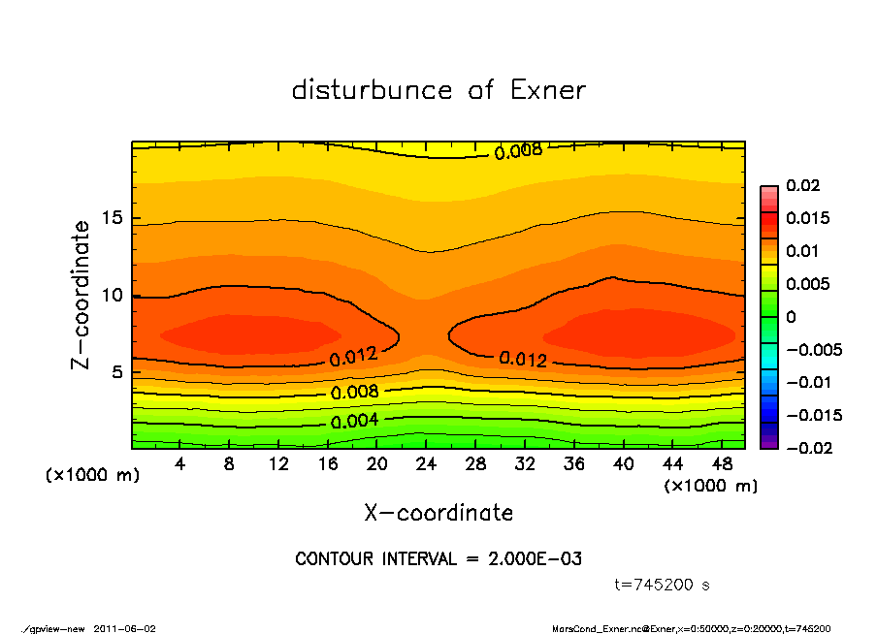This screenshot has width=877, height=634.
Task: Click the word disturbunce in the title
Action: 372,90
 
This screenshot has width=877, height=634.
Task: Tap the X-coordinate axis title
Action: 438,513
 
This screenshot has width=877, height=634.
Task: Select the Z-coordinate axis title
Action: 81,295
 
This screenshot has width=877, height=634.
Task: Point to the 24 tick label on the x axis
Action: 426,464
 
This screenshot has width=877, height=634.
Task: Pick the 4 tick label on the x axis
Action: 180,464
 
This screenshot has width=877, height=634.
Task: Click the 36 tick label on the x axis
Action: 574,464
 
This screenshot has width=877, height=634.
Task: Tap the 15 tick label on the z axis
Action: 112,218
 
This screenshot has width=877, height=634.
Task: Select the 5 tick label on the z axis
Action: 116,372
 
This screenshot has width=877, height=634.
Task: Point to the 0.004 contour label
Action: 354,422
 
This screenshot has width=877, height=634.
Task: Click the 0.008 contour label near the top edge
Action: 518,151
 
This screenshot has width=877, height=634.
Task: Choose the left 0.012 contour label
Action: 353,357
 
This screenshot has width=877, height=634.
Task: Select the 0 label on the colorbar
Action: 791,317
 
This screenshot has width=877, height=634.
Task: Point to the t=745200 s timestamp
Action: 663,585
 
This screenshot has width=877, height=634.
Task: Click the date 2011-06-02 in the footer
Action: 124,628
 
